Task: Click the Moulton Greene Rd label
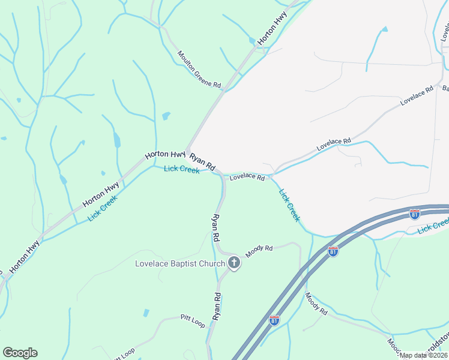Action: tap(199, 70)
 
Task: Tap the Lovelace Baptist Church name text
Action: tap(179, 263)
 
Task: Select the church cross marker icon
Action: tap(234, 263)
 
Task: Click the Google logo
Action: tap(20, 353)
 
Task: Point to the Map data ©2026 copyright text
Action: tap(423, 355)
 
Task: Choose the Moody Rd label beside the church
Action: tap(259, 247)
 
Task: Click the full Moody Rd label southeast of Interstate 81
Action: tap(316, 304)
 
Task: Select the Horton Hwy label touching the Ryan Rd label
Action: tap(165, 154)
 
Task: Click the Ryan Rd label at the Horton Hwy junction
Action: tap(202, 161)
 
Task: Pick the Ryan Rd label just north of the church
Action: tap(215, 228)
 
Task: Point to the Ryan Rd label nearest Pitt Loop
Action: tap(216, 305)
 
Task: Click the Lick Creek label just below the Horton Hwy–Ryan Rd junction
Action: tap(181, 170)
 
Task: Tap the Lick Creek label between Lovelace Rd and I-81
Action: tap(289, 205)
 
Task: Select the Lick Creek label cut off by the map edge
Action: tap(433, 226)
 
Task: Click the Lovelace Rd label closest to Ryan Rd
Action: tap(247, 177)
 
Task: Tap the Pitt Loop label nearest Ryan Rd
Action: tap(193, 320)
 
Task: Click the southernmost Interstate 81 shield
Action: tap(274, 320)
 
